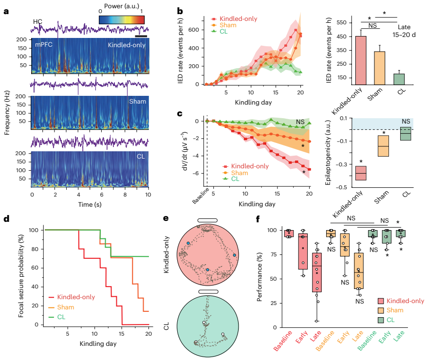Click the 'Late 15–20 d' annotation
pyautogui.click(x=403, y=31)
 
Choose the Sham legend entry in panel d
pyautogui.click(x=67, y=306)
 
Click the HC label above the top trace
pyautogui.click(x=37, y=22)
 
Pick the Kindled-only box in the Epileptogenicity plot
pyautogui.click(x=361, y=173)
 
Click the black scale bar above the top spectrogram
pyautogui.click(x=141, y=36)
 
